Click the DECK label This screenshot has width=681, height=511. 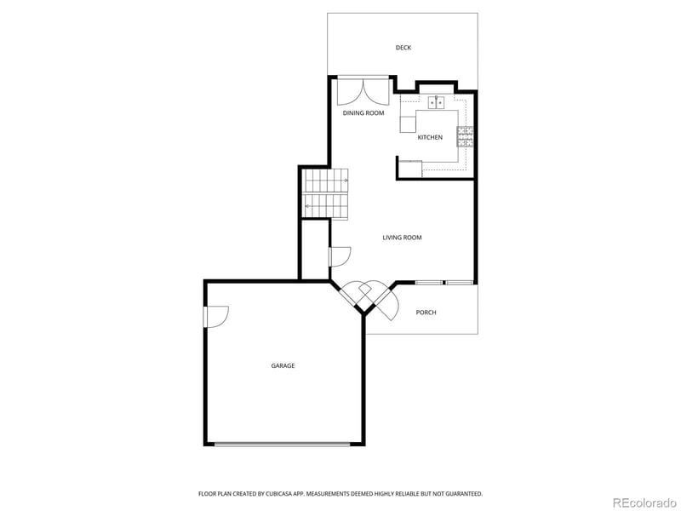[403, 48]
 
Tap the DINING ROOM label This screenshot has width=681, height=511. [363, 113]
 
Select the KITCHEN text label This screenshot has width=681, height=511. [430, 137]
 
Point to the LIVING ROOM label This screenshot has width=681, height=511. [402, 238]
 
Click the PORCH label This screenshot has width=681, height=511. [426, 313]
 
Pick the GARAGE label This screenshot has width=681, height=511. [283, 365]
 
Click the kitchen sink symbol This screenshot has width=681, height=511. [436, 102]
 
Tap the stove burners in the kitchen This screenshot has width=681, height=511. [465, 136]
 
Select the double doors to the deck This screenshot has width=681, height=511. [363, 92]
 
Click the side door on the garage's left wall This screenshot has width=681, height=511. [215, 315]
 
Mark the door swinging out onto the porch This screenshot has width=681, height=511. [388, 304]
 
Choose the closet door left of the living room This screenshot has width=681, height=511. [339, 255]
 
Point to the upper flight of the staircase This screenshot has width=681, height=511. [327, 180]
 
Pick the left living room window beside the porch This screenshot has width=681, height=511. [428, 282]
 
